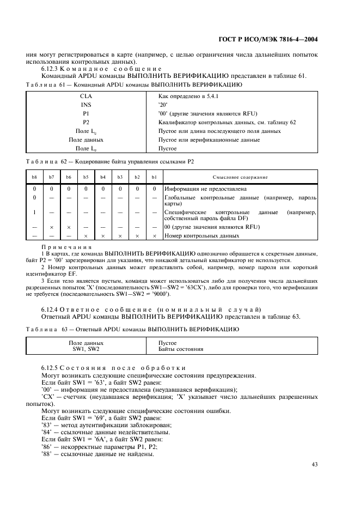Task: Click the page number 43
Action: (x=314, y=464)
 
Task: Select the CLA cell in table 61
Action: (x=86, y=95)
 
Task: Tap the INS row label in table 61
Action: (x=86, y=104)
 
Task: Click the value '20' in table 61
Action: (x=162, y=104)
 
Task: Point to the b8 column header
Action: (x=34, y=177)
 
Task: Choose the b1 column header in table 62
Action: (x=154, y=177)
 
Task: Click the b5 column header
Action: (x=86, y=177)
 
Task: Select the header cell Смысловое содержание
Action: (x=239, y=177)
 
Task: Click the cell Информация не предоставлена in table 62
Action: (x=201, y=189)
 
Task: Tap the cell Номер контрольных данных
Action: (x=202, y=236)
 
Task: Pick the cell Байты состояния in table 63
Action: (x=180, y=349)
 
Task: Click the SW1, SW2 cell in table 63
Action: (x=86, y=349)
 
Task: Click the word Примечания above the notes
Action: (x=60, y=247)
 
